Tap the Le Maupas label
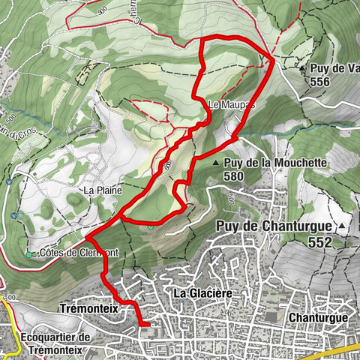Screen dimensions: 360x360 pos(232,105)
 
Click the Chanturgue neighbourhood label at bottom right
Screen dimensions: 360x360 pos(318,318)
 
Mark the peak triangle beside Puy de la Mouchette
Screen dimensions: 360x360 pos(216,163)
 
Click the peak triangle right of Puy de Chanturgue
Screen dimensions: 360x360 pos(342,226)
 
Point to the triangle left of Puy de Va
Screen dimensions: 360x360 pos(301,68)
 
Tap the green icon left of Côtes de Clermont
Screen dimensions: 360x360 pos(29,254)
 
